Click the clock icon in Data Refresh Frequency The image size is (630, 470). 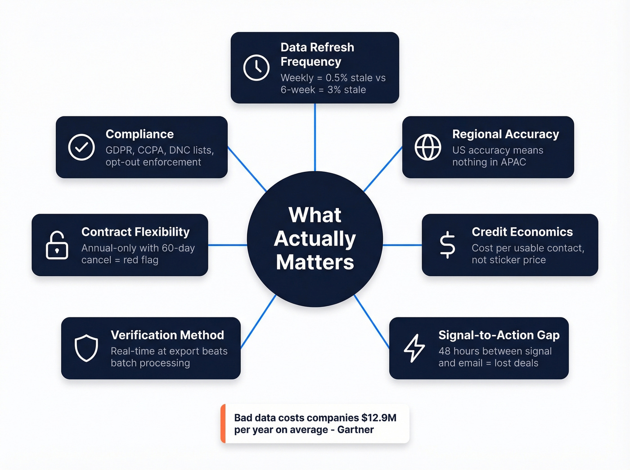[256, 68]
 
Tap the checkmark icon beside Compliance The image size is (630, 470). [81, 147]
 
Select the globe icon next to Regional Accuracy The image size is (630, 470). [428, 147]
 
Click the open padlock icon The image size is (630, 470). [57, 246]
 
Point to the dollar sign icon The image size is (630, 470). [447, 245]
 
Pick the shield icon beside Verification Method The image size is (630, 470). [86, 348]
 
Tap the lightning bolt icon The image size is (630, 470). [414, 348]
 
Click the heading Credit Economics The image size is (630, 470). [522, 232]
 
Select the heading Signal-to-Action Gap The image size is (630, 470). [499, 335]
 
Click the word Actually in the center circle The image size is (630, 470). [315, 239]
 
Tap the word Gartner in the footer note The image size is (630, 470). [355, 430]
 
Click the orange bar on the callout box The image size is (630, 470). [223, 424]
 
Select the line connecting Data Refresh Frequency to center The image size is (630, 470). [315, 137]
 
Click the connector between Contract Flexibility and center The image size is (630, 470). [228, 245]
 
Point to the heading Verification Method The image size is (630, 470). [167, 335]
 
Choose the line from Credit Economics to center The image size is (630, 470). [402, 245]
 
